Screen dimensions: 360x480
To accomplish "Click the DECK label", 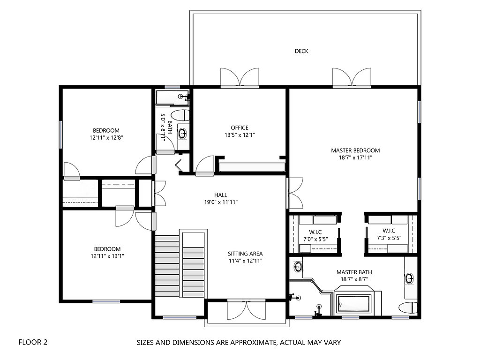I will point(301,51).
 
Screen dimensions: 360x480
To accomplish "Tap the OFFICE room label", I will point(239,127).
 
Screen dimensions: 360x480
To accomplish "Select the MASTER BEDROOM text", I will point(355,150).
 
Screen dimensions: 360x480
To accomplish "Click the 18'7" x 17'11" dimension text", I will point(355,157).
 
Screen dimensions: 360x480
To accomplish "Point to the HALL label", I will point(221,195).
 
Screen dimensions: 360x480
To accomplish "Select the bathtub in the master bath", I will point(353,305).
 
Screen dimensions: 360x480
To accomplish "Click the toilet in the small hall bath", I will point(180,115).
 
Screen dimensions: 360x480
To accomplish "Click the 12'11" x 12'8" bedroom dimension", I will point(106,137).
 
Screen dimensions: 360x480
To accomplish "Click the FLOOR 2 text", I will point(33,342).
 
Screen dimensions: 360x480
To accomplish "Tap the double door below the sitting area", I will point(246,311).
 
